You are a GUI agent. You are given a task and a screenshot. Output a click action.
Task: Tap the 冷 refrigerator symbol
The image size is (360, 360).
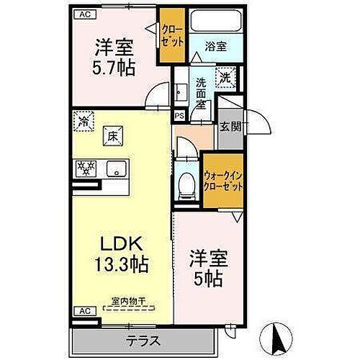coord(85,121)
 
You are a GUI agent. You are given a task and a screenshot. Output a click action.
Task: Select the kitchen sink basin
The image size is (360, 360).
coord(113,170)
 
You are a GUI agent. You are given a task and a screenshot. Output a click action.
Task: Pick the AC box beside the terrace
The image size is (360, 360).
coord(84,312)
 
